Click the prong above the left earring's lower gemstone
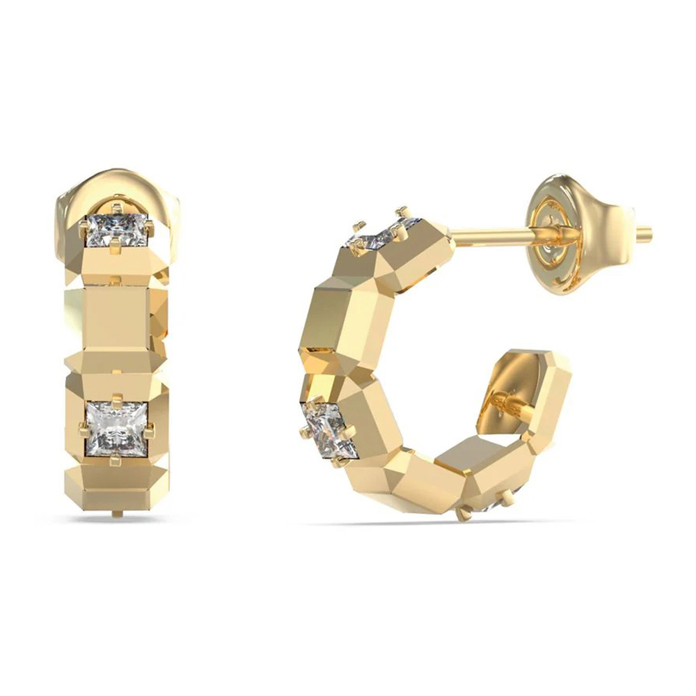116,399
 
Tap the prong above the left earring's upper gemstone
116,207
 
